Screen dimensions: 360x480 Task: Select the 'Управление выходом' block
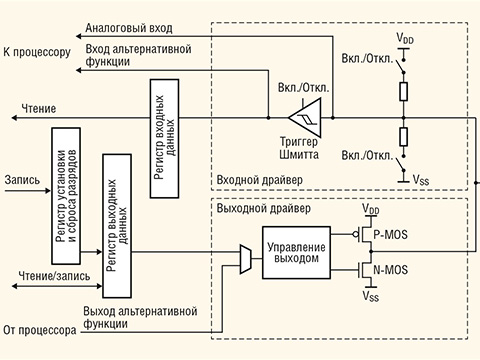click(294, 251)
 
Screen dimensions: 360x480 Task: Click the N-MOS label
click(390, 270)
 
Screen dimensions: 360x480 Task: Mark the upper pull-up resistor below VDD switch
click(403, 92)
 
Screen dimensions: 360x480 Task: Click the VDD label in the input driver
click(403, 38)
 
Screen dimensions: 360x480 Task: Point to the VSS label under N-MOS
click(371, 297)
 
